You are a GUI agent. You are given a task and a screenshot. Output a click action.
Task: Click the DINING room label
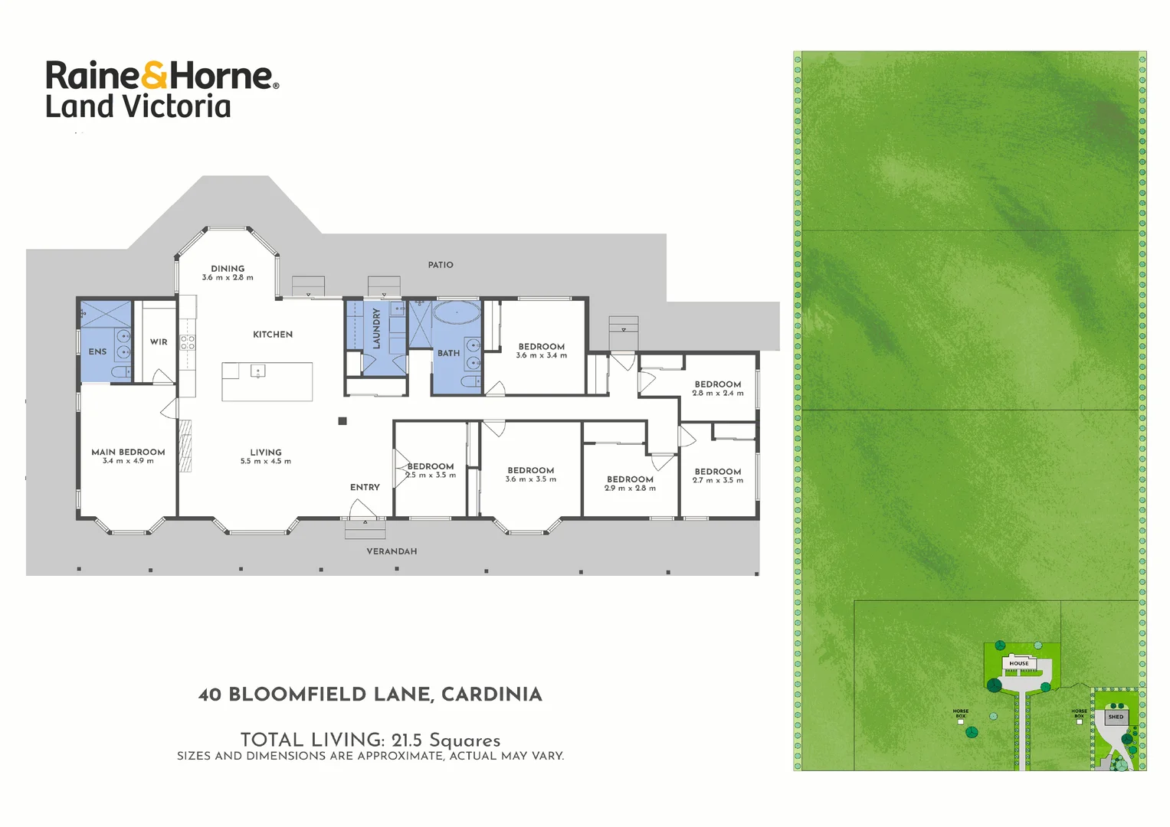228,269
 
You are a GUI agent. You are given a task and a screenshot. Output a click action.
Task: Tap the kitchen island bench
267,382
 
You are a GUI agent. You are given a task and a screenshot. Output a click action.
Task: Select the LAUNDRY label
376,329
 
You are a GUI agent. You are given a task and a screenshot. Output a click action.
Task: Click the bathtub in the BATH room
457,312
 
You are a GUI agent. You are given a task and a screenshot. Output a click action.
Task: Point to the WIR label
159,342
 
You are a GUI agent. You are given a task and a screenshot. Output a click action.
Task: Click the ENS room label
97,352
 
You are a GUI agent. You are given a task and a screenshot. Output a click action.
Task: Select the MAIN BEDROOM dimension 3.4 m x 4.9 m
128,461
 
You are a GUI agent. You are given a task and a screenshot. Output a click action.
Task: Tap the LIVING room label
266,453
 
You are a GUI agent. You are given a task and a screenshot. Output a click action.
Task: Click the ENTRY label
365,487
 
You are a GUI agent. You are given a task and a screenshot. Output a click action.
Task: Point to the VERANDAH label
392,551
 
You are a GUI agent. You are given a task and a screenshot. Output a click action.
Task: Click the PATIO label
441,265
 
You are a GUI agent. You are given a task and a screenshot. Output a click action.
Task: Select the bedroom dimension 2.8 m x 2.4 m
718,394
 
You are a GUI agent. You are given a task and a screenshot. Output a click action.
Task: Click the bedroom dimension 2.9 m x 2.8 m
630,489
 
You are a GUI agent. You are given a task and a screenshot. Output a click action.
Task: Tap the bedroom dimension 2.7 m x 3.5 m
718,481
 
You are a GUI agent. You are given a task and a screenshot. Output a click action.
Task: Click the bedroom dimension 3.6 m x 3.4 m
542,355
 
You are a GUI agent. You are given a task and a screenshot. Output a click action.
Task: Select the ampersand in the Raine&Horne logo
154,76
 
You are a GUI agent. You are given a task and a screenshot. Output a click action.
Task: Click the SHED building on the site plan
1116,717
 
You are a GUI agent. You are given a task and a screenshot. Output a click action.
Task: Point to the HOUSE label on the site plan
1019,664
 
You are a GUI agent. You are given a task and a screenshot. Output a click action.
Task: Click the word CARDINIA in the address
492,695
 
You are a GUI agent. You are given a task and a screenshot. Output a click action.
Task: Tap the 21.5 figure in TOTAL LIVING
406,740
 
